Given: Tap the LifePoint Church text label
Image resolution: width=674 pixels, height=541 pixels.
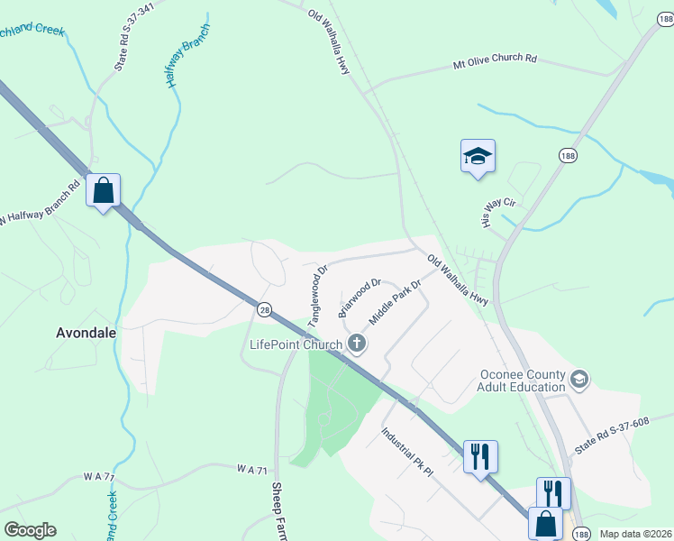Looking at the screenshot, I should tap(296, 344).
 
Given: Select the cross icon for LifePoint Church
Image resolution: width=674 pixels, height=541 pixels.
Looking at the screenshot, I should tap(357, 343).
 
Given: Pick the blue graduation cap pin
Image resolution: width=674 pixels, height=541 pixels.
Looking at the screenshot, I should tap(478, 157).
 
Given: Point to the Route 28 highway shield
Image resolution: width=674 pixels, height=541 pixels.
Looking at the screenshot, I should tap(262, 308).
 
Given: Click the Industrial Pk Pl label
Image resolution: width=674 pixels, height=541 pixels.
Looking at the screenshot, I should tap(407, 452).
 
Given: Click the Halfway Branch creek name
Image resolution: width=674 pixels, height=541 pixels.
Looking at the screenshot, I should tap(187, 56).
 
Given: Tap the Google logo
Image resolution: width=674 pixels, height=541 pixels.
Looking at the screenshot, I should tap(30, 530).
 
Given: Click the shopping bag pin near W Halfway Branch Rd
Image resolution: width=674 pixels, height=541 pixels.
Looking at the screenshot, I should tap(104, 191).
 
